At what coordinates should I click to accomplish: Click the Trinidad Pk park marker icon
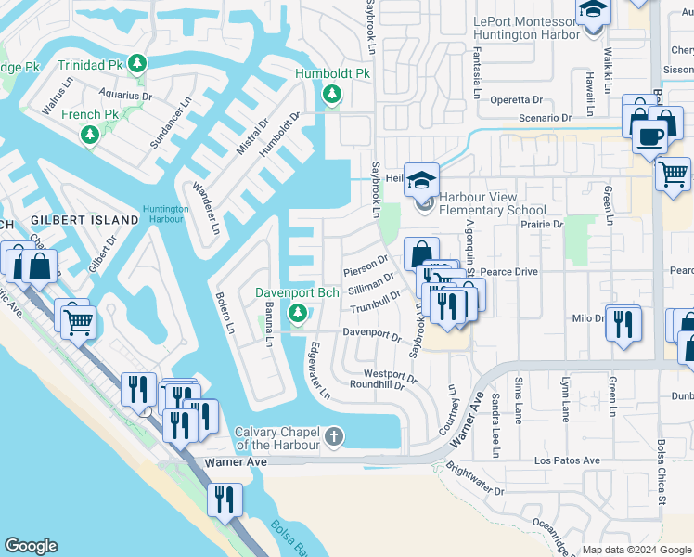[137, 64]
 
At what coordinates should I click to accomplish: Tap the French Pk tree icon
[90, 136]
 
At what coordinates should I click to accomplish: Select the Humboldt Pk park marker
[332, 94]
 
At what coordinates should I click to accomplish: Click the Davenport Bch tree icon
[298, 315]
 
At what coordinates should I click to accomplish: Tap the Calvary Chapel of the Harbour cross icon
[334, 435]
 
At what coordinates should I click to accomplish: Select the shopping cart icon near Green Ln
[673, 173]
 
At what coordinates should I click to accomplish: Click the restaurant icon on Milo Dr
[623, 323]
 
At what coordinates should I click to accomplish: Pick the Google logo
[31, 546]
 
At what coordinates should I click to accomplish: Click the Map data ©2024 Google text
[636, 550]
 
